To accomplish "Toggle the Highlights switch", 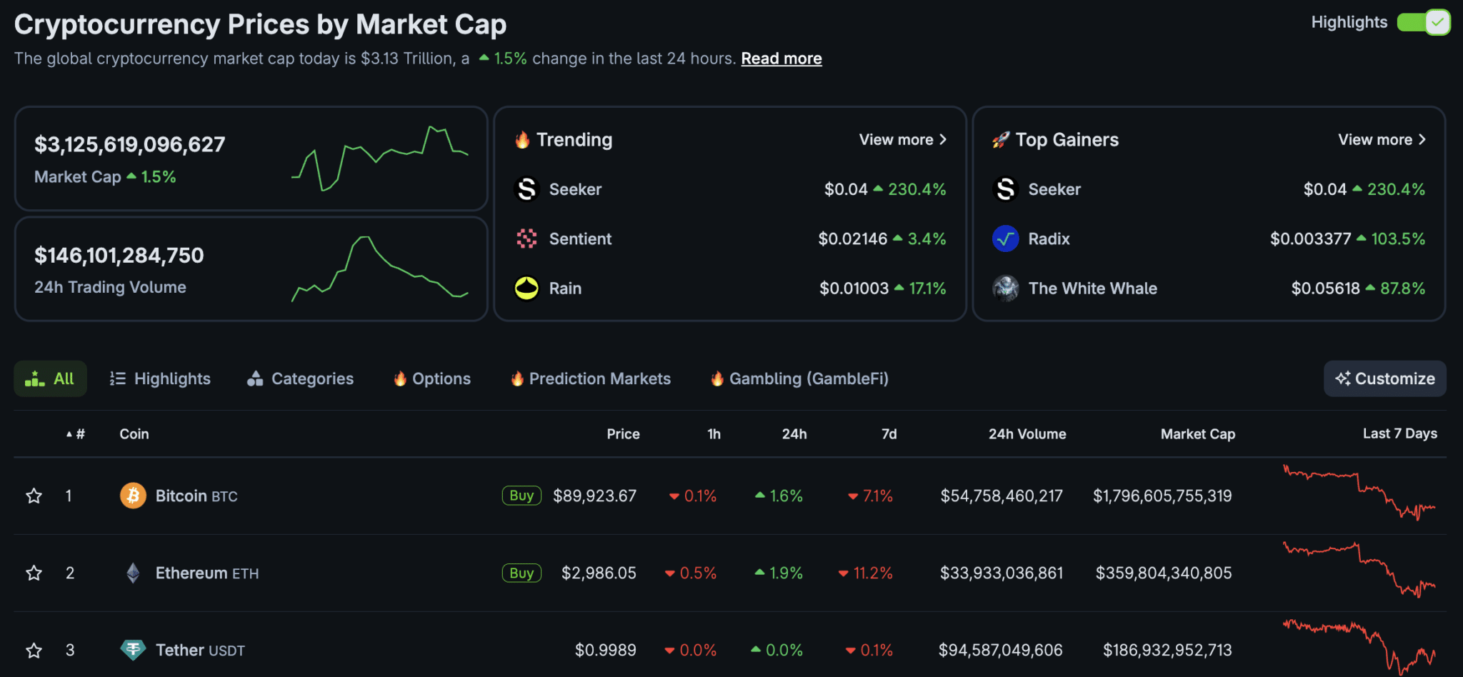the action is pyautogui.click(x=1423, y=22).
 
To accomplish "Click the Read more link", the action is pyautogui.click(x=782, y=59).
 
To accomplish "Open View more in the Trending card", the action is pyautogui.click(x=903, y=140).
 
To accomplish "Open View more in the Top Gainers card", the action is pyautogui.click(x=1382, y=140).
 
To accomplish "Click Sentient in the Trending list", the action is pyautogui.click(x=580, y=239).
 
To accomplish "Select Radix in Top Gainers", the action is pyautogui.click(x=1049, y=239).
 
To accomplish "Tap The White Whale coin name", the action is pyautogui.click(x=1092, y=289).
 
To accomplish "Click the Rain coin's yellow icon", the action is pyautogui.click(x=526, y=289).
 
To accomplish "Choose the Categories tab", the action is pyautogui.click(x=300, y=378).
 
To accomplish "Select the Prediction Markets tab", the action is pyautogui.click(x=591, y=378).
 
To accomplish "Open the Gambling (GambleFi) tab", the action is pyautogui.click(x=799, y=378).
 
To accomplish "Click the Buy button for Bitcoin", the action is pyautogui.click(x=521, y=496).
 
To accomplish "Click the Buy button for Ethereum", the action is pyautogui.click(x=521, y=573).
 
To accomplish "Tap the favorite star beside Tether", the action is pyautogui.click(x=34, y=651).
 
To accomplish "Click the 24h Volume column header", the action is pyautogui.click(x=1027, y=434).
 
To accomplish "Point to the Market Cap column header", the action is pyautogui.click(x=1198, y=434).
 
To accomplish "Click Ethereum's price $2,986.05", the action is pyautogui.click(x=599, y=573).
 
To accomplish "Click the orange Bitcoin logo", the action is pyautogui.click(x=133, y=496).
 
